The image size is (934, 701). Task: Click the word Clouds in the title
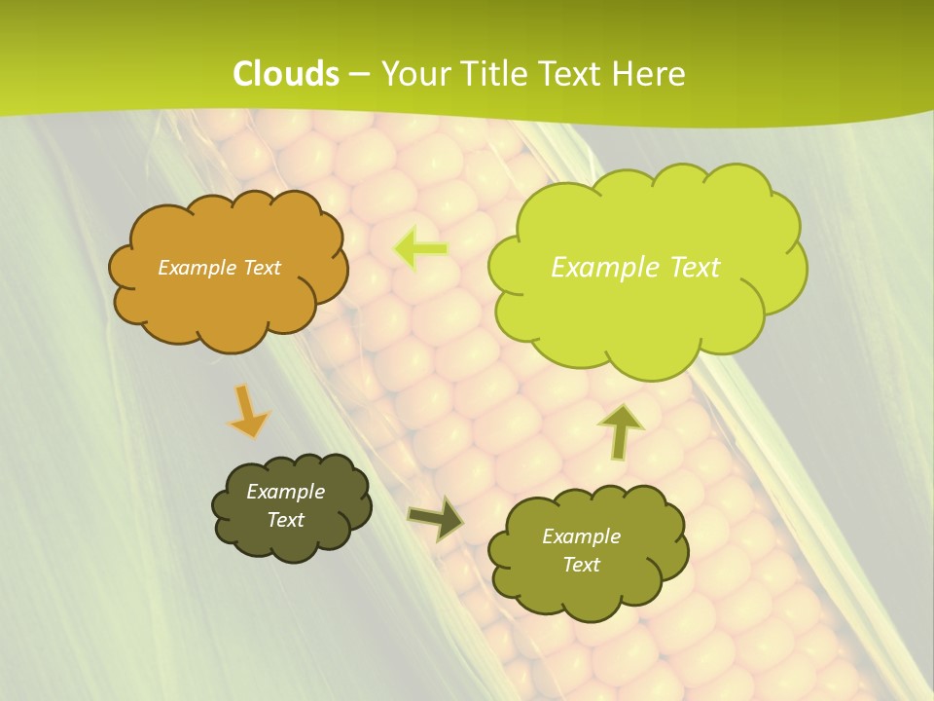[286, 74]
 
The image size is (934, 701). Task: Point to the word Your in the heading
[416, 74]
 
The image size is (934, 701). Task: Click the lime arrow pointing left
[422, 249]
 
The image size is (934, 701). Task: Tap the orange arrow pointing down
[247, 412]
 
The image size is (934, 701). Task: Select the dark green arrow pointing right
[435, 519]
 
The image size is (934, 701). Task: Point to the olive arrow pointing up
[621, 430]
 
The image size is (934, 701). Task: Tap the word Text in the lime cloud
[690, 268]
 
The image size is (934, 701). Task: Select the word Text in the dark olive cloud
[286, 520]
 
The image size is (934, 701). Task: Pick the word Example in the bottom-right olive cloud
[581, 536]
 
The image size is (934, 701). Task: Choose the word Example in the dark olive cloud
[286, 492]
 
